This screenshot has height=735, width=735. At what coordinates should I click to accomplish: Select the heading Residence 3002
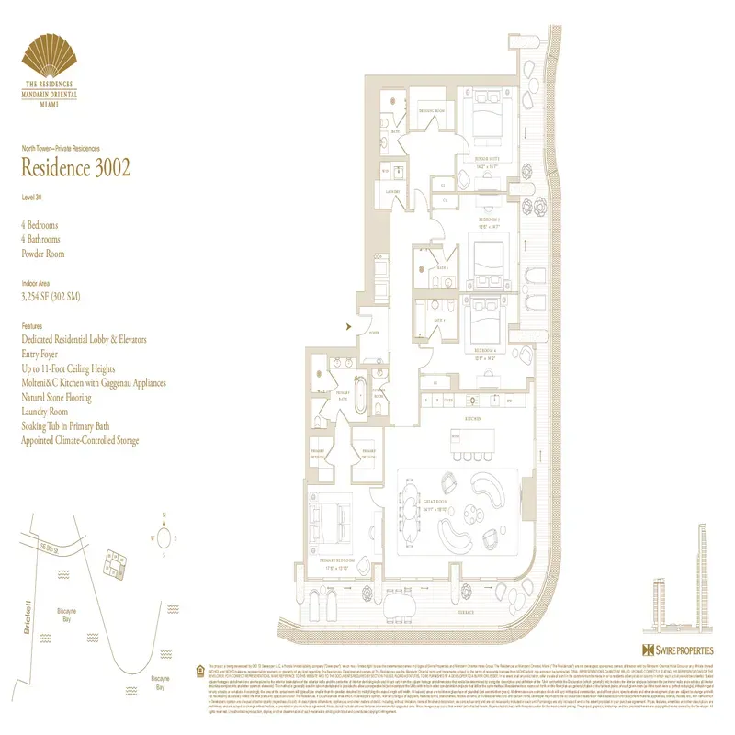[75, 167]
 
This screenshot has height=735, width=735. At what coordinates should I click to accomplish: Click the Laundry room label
[392, 192]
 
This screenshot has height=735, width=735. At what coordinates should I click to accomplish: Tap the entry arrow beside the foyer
[347, 324]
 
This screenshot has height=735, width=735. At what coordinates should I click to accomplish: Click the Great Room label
[439, 506]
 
